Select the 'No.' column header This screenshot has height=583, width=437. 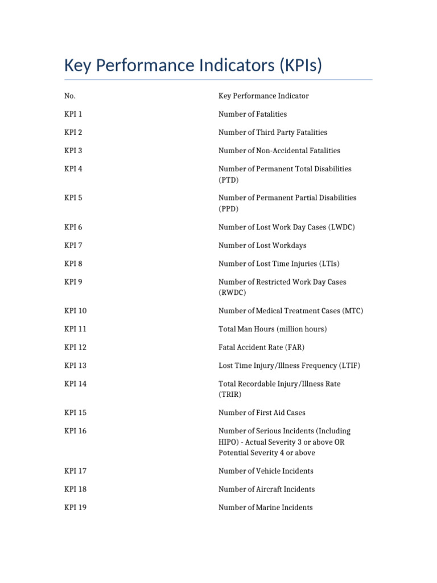click(70, 96)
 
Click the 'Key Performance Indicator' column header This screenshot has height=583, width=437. click(263, 96)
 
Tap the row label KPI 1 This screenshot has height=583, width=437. click(73, 114)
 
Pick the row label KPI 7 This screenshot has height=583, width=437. click(73, 245)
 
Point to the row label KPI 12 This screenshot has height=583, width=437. click(76, 347)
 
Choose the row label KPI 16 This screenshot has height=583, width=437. click(76, 431)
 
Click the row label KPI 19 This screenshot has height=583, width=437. click(76, 507)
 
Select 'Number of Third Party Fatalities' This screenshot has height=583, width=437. click(273, 132)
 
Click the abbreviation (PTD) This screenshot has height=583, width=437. click(229, 180)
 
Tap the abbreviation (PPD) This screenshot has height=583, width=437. click(229, 209)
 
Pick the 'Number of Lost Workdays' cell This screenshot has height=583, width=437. click(262, 245)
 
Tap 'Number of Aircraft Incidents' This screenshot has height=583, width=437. click(266, 489)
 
